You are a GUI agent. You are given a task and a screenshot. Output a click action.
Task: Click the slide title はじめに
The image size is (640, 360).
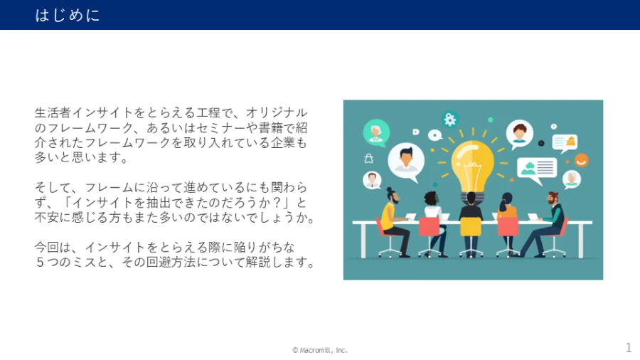point(68,15)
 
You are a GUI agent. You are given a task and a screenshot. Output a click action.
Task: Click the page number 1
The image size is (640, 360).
point(629,347)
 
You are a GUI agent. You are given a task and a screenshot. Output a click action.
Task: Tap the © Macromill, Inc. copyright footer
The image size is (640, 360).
point(319,350)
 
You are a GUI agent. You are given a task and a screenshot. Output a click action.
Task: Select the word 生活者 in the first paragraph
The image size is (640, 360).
point(53,112)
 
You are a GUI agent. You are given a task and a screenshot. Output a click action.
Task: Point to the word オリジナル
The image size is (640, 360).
point(277,112)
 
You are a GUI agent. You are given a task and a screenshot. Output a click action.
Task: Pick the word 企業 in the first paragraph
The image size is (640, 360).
point(282,142)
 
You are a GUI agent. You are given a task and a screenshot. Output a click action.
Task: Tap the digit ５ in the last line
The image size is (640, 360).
point(40,262)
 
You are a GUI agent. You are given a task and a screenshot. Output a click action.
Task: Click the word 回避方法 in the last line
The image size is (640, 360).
point(171,262)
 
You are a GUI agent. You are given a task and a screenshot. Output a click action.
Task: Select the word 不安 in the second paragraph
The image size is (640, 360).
point(47,217)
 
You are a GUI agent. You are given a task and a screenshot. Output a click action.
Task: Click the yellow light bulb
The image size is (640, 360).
point(473,165)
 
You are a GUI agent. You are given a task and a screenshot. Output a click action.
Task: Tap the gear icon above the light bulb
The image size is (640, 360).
point(450,120)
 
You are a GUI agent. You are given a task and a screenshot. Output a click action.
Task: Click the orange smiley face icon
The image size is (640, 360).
point(581,160)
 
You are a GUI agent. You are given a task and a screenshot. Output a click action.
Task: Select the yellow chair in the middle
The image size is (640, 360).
point(471,227)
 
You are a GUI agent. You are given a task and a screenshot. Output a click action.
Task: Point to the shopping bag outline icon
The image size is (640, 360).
point(368,159)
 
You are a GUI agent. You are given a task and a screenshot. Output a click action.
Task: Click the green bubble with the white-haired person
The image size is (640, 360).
point(376,132)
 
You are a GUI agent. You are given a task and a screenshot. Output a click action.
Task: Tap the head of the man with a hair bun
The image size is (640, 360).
point(393,196)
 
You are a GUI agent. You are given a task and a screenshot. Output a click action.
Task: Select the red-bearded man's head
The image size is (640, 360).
point(553,198)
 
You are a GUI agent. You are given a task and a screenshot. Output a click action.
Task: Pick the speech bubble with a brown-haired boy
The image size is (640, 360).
point(519,134)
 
